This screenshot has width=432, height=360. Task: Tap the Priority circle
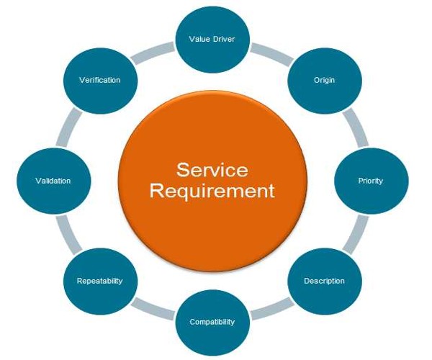point(370,180)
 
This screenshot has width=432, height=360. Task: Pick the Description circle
point(323,280)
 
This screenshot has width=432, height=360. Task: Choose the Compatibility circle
point(212,321)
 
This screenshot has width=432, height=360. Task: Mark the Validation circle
point(53,180)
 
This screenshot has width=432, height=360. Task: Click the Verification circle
point(99,79)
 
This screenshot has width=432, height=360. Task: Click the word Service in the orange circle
point(212,171)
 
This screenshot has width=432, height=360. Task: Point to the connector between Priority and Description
point(354,234)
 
